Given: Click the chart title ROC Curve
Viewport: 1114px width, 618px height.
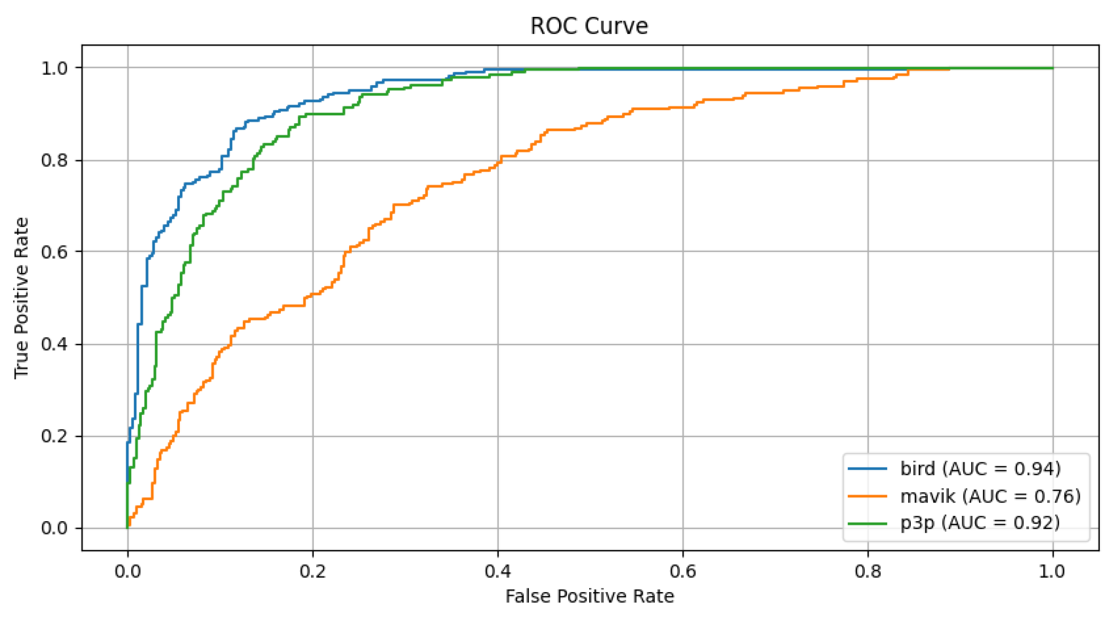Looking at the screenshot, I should [589, 26].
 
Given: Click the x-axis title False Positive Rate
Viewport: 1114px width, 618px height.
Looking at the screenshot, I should [589, 596].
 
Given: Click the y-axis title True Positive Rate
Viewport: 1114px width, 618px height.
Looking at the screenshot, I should [21, 298].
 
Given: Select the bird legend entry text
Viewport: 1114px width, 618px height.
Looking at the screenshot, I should [980, 469].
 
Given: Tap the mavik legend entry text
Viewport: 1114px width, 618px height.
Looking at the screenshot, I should [990, 496].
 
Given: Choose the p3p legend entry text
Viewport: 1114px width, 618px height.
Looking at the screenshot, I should [980, 523].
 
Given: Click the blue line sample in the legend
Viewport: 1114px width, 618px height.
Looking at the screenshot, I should [867, 469].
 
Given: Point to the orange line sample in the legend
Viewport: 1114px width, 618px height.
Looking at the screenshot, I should [867, 496].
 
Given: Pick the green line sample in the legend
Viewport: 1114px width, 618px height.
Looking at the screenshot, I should [867, 523].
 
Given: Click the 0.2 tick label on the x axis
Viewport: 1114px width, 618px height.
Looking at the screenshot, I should [313, 571].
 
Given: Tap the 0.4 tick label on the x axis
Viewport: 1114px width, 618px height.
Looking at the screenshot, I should [498, 571].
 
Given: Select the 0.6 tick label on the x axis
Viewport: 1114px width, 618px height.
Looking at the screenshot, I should [682, 571].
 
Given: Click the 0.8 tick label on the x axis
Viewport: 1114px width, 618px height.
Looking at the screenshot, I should [868, 571].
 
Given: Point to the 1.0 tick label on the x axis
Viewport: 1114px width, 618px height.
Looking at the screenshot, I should [1052, 571].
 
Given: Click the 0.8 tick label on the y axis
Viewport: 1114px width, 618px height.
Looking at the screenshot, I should [54, 160].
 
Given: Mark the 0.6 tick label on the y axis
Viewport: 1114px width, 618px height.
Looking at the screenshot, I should [54, 252].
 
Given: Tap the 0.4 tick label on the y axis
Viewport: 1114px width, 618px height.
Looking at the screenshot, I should [54, 344].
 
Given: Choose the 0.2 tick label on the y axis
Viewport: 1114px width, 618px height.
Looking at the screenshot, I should [54, 437].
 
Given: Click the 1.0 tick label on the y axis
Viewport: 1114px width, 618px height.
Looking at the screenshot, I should [54, 68].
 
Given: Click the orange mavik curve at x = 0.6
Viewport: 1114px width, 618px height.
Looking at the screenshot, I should [682, 107].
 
